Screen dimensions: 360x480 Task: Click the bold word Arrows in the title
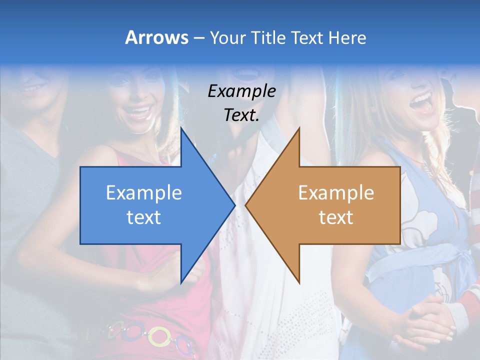click(x=156, y=37)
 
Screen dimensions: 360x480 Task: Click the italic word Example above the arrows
click(x=241, y=91)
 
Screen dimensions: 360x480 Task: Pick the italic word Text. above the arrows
click(x=241, y=115)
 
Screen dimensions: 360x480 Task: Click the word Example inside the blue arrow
click(x=144, y=193)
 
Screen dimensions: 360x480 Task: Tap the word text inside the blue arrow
click(x=144, y=217)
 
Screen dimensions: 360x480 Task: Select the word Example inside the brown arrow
click(x=336, y=193)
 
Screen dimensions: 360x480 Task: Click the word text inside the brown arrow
click(x=336, y=217)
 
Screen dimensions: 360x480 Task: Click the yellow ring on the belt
click(x=159, y=336)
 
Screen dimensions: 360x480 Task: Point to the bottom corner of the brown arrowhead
click(x=299, y=282)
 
